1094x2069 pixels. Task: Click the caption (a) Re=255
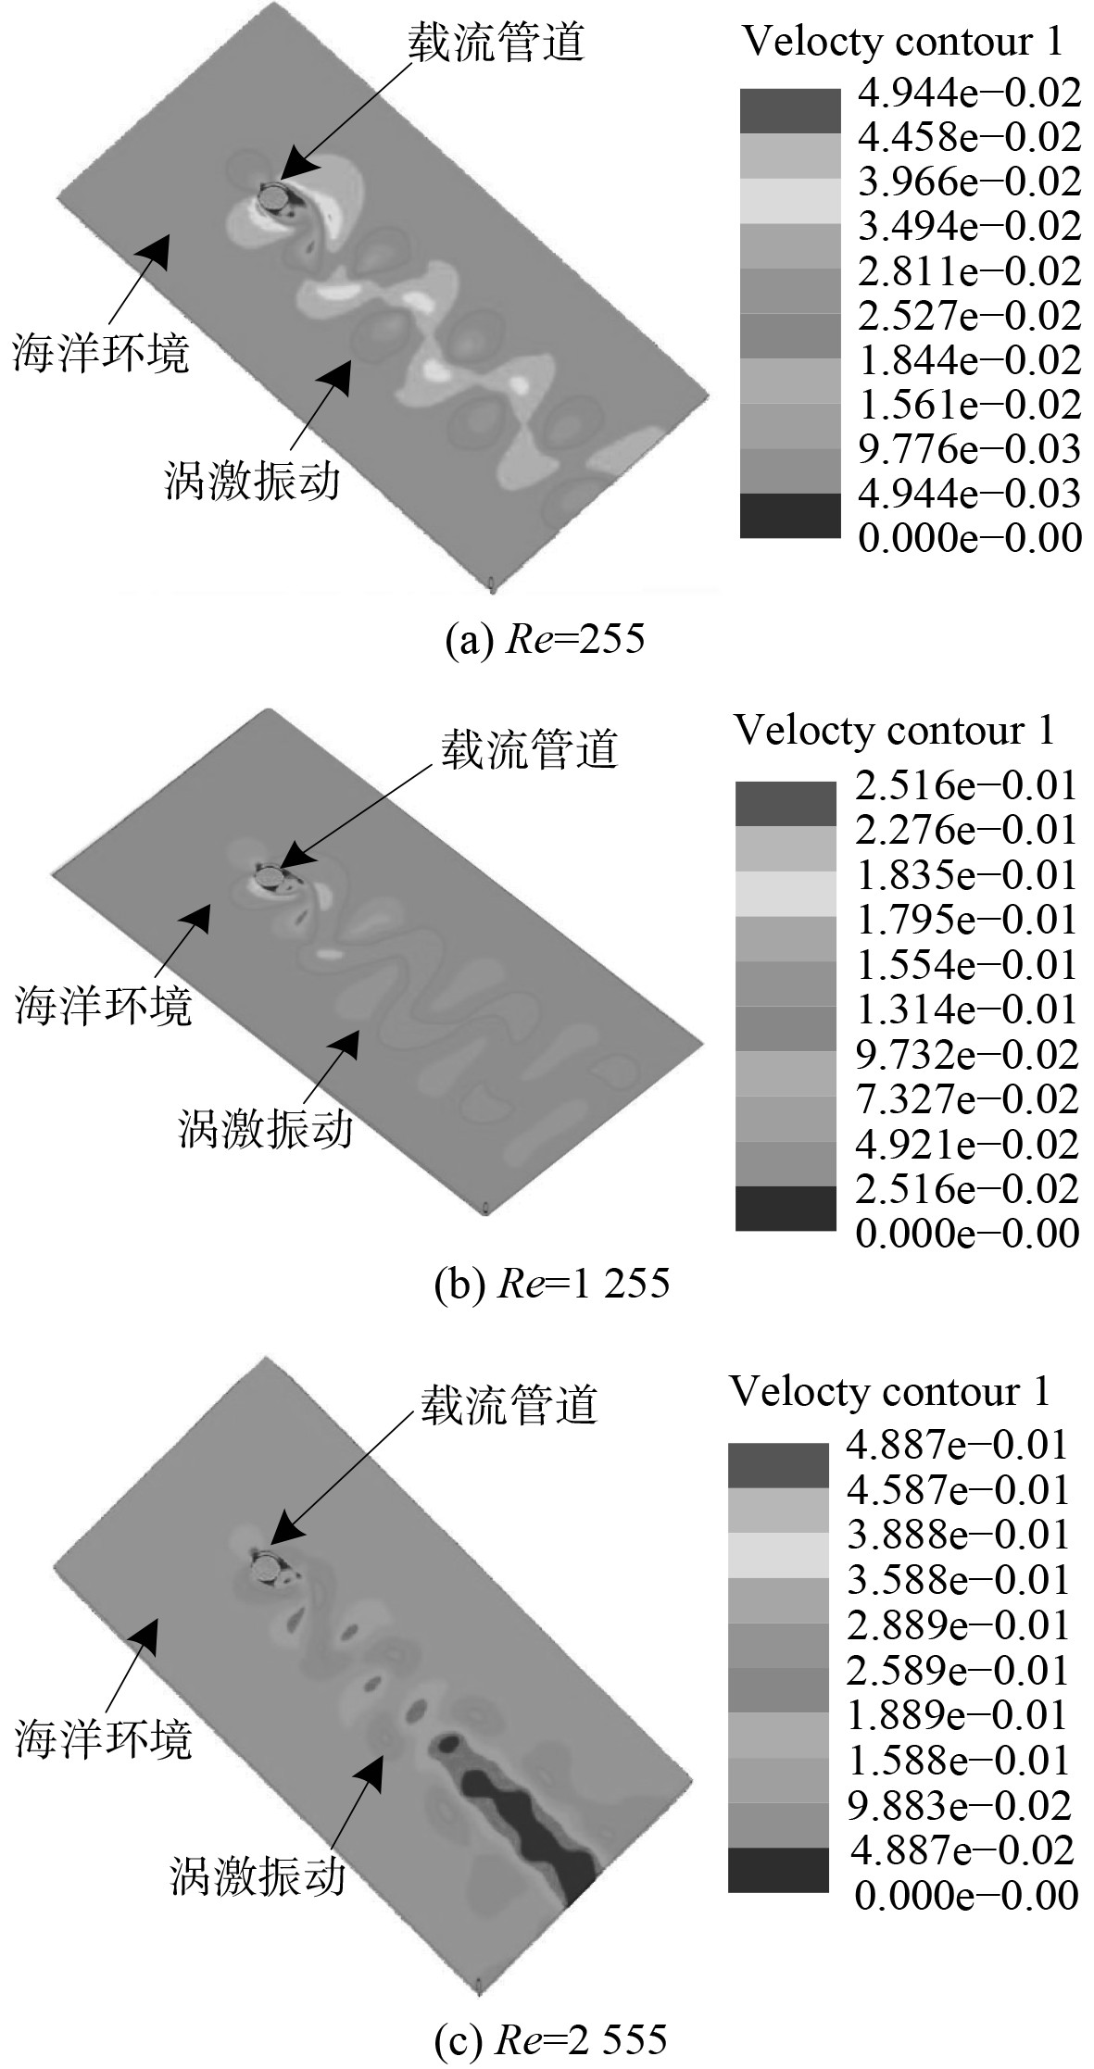(546, 640)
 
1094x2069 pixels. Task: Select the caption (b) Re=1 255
(552, 1284)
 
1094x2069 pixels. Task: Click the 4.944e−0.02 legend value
(969, 92)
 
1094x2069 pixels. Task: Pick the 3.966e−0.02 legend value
(969, 182)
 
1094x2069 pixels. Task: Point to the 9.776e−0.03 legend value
(969, 448)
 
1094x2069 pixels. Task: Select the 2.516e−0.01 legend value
(966, 785)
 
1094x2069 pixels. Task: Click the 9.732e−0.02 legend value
(966, 1054)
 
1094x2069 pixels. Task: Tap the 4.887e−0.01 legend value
(958, 1444)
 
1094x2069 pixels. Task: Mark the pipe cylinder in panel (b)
(270, 873)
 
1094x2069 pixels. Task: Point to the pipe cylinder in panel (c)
(267, 1568)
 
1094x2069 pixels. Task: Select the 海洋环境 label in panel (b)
(103, 1005)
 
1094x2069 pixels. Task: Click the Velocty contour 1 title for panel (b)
(894, 731)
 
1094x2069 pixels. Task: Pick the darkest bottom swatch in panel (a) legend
(789, 515)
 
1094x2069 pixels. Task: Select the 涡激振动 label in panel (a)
(252, 482)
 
